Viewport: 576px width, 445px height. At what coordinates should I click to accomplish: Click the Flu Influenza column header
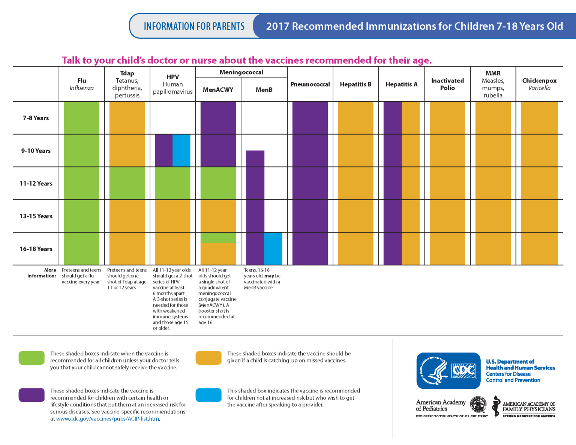pyautogui.click(x=81, y=84)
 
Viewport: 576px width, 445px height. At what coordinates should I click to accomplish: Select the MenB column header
pyautogui.click(x=264, y=90)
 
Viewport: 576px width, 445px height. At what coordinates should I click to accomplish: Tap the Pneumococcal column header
pyautogui.click(x=310, y=84)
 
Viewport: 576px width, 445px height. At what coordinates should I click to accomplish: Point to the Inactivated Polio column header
pyautogui.click(x=447, y=84)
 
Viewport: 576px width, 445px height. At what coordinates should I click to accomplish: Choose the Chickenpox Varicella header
pyautogui.click(x=539, y=84)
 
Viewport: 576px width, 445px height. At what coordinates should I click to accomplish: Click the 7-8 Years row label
pyautogui.click(x=36, y=118)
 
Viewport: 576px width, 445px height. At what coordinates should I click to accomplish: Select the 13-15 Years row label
pyautogui.click(x=36, y=216)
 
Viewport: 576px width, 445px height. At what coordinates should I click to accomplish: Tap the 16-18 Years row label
pyautogui.click(x=36, y=249)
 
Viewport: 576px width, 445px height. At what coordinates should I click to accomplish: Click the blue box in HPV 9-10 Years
pyautogui.click(x=181, y=150)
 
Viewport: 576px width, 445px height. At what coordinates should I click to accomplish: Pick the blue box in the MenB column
pyautogui.click(x=273, y=249)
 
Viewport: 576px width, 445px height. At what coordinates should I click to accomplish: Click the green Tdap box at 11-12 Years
pyautogui.click(x=127, y=183)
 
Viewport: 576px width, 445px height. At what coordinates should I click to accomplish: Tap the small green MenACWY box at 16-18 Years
pyautogui.click(x=218, y=238)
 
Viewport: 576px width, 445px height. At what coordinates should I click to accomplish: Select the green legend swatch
pyautogui.click(x=31, y=358)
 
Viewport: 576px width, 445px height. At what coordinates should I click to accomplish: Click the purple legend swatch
pyautogui.click(x=31, y=395)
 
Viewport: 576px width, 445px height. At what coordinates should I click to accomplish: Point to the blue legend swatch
pyautogui.click(x=208, y=395)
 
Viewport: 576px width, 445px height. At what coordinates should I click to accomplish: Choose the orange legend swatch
pyautogui.click(x=208, y=358)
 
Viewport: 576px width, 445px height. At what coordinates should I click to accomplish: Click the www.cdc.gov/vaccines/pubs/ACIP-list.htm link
pyautogui.click(x=108, y=419)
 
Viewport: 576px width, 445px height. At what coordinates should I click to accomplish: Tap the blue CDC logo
pyautogui.click(x=448, y=370)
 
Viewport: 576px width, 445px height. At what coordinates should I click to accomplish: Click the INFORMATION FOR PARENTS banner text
pyautogui.click(x=194, y=26)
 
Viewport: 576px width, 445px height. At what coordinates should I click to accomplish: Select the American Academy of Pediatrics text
pyautogui.click(x=440, y=405)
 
